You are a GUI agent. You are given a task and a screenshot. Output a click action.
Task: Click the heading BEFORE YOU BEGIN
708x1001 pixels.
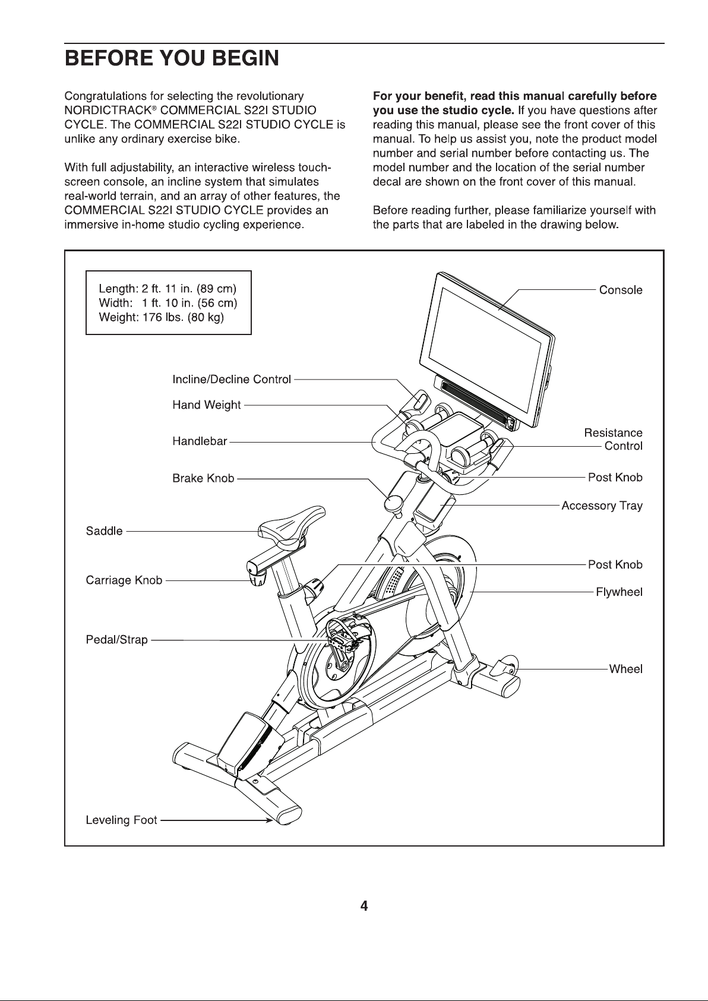[x=172, y=59]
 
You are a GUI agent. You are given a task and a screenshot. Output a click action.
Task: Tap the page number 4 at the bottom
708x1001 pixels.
[x=364, y=906]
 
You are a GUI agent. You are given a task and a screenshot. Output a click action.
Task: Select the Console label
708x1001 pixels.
[x=621, y=290]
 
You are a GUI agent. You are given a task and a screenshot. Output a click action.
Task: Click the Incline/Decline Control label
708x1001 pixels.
[x=232, y=380]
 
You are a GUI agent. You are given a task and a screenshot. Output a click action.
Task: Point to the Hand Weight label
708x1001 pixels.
[x=206, y=405]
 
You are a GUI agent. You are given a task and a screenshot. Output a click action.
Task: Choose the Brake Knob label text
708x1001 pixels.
[x=203, y=479]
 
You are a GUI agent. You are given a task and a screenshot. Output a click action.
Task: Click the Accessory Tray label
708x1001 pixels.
[x=602, y=506]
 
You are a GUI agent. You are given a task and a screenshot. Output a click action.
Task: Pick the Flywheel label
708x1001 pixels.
[x=619, y=592]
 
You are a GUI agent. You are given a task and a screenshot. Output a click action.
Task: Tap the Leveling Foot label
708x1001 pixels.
[x=122, y=820]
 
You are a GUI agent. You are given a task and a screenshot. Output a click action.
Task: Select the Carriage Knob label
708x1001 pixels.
[x=124, y=580]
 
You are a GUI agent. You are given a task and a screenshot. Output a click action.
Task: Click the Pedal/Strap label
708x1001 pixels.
[x=116, y=639]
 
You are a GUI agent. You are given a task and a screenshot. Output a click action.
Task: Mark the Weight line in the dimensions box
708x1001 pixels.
[x=161, y=317]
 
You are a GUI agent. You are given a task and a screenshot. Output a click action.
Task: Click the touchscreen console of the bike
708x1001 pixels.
[x=487, y=349]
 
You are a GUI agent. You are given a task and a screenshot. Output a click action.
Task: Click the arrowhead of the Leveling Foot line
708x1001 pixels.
[x=269, y=820]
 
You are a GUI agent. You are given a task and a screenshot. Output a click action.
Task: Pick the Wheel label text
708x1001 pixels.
[x=626, y=669]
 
